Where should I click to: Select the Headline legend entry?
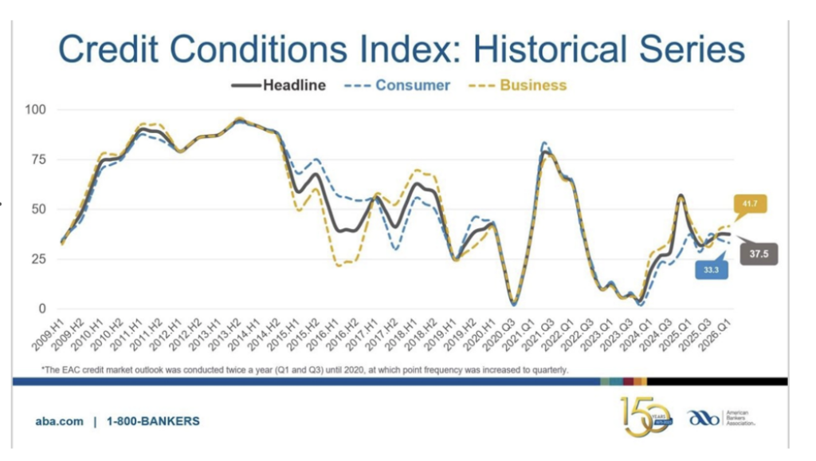click(294, 85)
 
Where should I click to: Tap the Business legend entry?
click(532, 85)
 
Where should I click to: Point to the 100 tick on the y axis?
click(36, 109)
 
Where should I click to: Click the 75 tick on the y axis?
click(39, 160)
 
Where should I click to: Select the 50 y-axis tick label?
click(39, 209)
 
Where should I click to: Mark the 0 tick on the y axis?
click(42, 309)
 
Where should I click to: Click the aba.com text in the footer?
click(60, 421)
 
